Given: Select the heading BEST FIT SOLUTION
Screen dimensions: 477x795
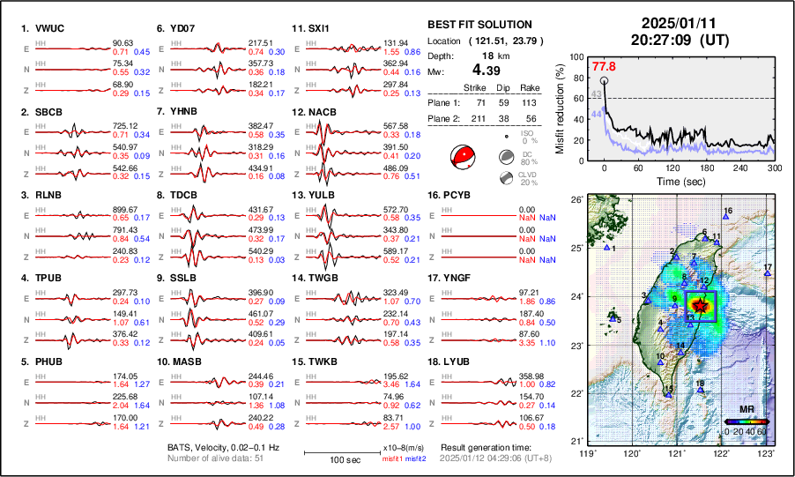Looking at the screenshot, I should (x=479, y=25).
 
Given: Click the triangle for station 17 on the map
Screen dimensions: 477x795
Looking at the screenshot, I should (x=768, y=274).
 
